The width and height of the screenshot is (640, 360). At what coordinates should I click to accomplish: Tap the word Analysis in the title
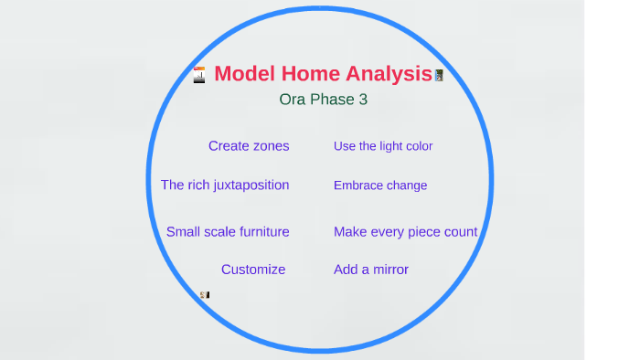(x=385, y=74)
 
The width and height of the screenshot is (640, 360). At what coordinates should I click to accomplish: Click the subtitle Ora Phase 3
(x=323, y=100)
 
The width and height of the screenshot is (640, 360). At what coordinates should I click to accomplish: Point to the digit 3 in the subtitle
(x=363, y=100)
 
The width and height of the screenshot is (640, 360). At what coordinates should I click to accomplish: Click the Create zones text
(x=249, y=145)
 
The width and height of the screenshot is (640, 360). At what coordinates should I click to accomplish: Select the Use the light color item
(x=383, y=146)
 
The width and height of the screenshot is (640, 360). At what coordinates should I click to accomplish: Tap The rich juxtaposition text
(x=225, y=185)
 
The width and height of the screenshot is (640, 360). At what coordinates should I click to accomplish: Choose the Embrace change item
(x=380, y=185)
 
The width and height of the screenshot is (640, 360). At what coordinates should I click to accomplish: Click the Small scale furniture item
(x=228, y=232)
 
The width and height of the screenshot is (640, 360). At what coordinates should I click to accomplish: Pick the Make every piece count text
(x=405, y=232)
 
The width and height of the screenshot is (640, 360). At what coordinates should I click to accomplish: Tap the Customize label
(x=253, y=270)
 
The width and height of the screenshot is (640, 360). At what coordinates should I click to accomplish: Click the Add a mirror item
(x=371, y=270)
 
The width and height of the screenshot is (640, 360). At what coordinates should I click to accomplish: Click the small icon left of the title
(x=198, y=75)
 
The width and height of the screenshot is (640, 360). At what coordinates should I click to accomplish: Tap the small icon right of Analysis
(x=440, y=75)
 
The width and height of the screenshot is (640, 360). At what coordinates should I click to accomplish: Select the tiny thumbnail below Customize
(x=205, y=294)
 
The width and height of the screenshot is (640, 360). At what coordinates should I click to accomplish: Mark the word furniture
(x=259, y=232)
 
